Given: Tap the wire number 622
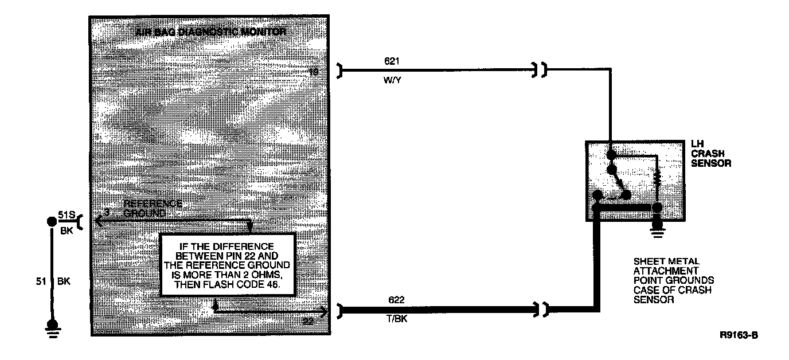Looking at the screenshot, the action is (x=396, y=300).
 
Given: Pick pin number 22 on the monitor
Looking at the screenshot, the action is (x=308, y=322).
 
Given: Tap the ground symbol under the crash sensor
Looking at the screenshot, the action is (x=657, y=232).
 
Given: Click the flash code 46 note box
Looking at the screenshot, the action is (x=228, y=264).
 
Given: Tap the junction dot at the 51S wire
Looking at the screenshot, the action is (x=52, y=221).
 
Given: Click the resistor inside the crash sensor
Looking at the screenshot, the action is (x=658, y=177).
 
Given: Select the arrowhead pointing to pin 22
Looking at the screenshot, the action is (x=325, y=313).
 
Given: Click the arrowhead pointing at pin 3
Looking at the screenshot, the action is (x=99, y=220).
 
